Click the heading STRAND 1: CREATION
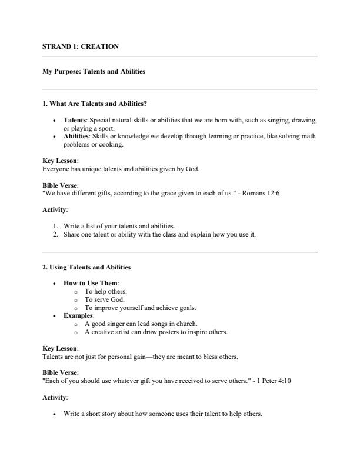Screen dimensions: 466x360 pos(81,46)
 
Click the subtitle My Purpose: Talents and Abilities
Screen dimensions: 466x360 pos(94,72)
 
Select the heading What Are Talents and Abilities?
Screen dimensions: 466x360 pos(95,104)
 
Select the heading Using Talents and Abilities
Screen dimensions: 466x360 pos(86,267)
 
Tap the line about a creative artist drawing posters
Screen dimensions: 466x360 pos(156,332)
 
